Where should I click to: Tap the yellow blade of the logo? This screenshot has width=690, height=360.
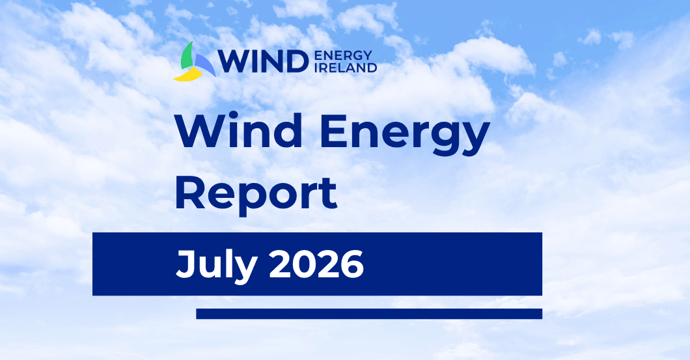point(188,76)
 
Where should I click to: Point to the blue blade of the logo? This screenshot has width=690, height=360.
point(204,64)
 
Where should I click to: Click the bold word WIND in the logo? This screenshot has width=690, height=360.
point(263,61)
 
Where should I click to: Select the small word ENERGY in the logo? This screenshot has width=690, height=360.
point(344,55)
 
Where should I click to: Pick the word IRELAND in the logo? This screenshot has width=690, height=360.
point(346,68)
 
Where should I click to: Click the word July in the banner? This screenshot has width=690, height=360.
point(216,265)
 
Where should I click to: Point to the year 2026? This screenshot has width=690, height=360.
point(316,264)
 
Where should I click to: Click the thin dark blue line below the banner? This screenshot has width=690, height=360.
point(369,314)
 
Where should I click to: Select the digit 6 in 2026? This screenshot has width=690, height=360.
point(352,264)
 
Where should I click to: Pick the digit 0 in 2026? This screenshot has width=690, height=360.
point(304,264)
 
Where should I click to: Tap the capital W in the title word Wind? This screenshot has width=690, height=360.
point(200,130)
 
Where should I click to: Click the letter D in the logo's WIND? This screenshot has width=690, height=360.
point(297,62)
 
